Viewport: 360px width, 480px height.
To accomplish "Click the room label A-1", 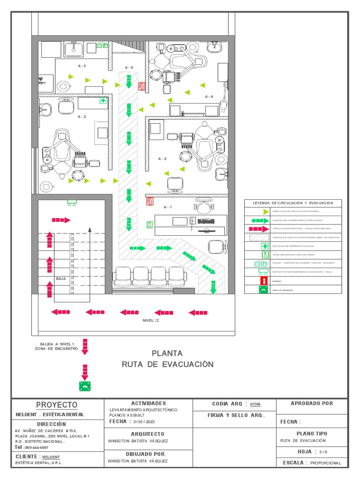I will (x=167, y=207).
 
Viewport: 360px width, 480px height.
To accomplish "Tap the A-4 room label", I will (x=209, y=97).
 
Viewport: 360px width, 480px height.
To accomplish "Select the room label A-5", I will (x=82, y=66).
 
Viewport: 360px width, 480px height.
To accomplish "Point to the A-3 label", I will (x=162, y=159).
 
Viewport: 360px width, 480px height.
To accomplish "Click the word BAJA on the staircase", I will (x=61, y=278).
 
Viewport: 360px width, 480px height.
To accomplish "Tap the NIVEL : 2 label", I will (x=151, y=321).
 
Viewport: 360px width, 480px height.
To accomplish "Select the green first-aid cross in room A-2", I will (x=102, y=101).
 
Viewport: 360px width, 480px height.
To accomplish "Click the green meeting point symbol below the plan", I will (x=85, y=386).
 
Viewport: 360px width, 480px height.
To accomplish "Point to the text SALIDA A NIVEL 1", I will (x=57, y=343).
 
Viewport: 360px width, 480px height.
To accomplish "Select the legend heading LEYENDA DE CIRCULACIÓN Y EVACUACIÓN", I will (x=293, y=203).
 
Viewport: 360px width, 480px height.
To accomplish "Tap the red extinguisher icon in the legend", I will (x=265, y=280).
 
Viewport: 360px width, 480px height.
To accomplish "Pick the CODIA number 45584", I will (x=255, y=404).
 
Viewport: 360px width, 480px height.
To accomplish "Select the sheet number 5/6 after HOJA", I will (x=323, y=452).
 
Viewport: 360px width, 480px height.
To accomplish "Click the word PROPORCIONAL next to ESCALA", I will (x=326, y=463).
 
